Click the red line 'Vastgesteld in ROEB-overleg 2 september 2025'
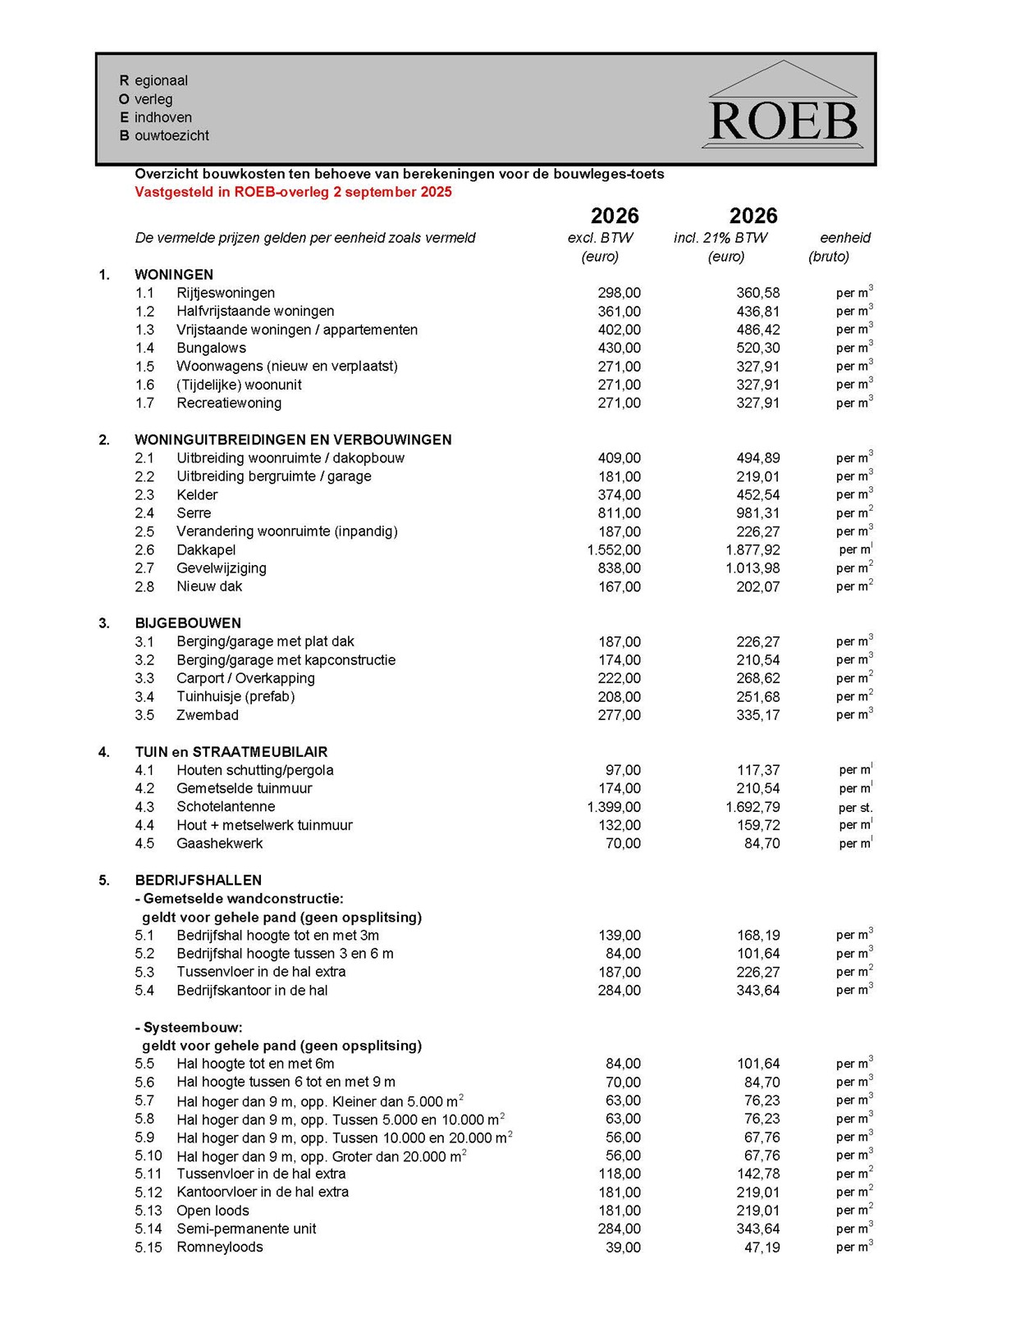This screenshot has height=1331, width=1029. click(293, 193)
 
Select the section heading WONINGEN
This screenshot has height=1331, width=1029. click(174, 275)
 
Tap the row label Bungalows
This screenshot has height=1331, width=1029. click(211, 349)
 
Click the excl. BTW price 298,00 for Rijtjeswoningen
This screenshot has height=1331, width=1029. click(619, 294)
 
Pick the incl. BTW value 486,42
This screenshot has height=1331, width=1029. click(757, 330)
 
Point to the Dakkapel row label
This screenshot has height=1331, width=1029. click(206, 550)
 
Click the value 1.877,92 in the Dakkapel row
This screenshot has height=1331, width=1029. click(752, 550)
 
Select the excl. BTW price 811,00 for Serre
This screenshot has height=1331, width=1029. click(619, 513)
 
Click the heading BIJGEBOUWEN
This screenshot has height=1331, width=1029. click(188, 623)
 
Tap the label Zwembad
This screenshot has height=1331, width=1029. click(208, 715)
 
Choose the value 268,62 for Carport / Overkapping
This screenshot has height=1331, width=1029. click(757, 679)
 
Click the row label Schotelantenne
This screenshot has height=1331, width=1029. click(226, 807)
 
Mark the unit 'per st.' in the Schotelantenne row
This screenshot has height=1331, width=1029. click(855, 808)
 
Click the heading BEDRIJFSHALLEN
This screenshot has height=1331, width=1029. click(199, 881)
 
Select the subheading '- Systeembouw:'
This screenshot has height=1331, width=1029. click(189, 1028)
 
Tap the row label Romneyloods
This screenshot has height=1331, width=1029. click(220, 1247)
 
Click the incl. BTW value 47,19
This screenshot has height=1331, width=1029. click(761, 1248)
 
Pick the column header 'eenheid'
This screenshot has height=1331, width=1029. click(845, 239)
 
